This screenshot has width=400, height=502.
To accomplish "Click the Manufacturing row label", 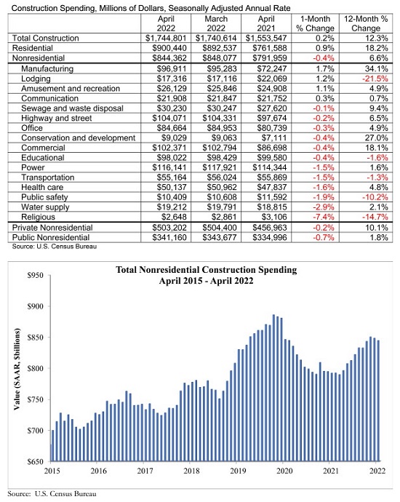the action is point(47,69).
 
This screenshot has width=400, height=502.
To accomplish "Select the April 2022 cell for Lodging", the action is point(172,79).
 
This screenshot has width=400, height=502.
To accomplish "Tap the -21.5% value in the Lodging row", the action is point(375,79).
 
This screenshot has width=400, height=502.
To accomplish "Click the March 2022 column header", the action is point(216,23).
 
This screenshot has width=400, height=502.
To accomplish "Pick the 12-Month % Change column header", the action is point(366,23).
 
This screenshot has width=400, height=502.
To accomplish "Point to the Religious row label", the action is point(38,217).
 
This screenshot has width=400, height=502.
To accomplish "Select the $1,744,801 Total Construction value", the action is point(166,39).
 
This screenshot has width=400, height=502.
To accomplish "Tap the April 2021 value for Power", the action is point(270,168).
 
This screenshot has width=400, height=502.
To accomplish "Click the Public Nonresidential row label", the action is point(51,238).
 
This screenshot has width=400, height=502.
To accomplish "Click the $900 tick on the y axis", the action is point(49,306).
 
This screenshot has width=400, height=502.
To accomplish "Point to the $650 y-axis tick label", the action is point(35,462).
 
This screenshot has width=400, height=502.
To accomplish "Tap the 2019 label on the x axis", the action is point(238,471).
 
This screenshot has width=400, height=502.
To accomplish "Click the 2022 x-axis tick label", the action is point(377,471).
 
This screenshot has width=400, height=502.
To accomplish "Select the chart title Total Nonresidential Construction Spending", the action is point(207,270).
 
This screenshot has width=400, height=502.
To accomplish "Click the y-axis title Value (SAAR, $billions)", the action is point(17,370).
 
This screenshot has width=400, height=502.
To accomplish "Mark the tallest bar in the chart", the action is point(273,388).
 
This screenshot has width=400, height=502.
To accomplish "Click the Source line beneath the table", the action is point(55,247).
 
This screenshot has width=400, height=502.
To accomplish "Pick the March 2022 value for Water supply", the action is point(221,207).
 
